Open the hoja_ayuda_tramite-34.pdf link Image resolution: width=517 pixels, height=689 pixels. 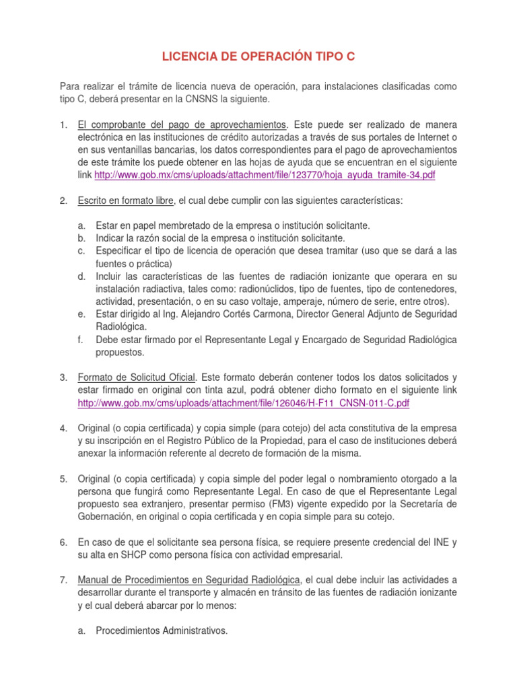[265, 175]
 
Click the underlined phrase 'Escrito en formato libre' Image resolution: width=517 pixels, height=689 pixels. [126, 201]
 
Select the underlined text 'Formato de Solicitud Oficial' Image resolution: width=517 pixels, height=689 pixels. [137, 377]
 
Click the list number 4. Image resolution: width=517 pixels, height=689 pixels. [63, 428]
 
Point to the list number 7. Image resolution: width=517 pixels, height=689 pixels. [63, 579]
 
